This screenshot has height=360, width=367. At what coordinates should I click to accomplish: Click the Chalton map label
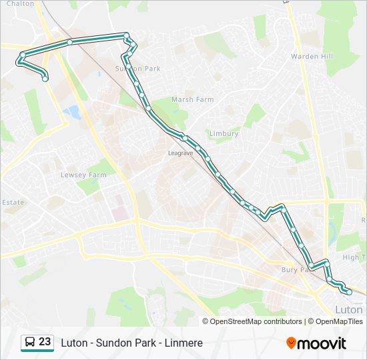point(19,4)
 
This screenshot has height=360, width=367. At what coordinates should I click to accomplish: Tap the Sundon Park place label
point(138,69)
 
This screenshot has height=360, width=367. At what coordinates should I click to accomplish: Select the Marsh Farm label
point(192,99)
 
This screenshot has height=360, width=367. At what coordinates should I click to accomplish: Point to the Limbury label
point(224,133)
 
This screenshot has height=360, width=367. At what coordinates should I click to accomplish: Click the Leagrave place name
point(180,153)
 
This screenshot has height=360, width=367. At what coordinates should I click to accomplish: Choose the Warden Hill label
point(312,57)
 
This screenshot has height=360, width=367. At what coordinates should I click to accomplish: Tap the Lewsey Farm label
point(83,175)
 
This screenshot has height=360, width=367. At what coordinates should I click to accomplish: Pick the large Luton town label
point(348,310)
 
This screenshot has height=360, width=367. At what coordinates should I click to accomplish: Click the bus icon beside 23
point(30,343)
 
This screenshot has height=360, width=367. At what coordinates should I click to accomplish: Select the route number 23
point(45,342)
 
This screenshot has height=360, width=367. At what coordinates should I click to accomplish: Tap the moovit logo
point(316,343)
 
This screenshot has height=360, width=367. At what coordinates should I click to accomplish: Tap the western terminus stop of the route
point(45,79)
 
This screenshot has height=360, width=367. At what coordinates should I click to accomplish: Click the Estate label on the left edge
point(13,202)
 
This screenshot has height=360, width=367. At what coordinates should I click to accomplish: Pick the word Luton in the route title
point(74,343)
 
